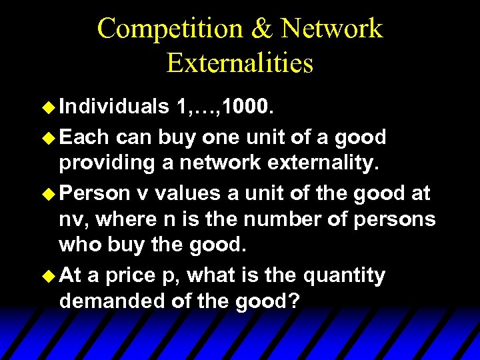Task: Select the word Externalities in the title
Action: [240, 63]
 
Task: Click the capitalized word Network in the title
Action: [331, 29]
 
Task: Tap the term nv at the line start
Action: [70, 219]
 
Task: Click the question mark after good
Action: [294, 301]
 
